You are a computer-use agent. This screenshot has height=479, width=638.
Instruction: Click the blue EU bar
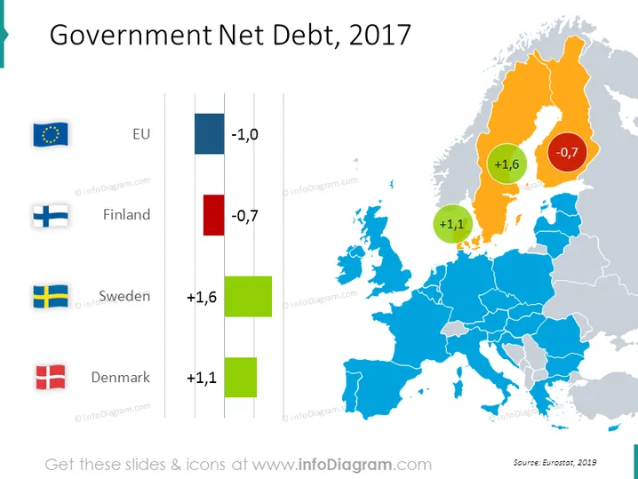point(209,133)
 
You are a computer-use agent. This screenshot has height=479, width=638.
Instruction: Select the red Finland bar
point(213,215)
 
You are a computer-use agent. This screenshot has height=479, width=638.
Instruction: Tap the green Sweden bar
point(248,296)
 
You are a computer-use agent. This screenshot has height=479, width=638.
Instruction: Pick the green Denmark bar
point(241,378)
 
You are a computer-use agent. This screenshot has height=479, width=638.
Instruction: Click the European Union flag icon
point(51,134)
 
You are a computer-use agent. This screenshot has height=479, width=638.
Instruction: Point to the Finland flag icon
point(51,215)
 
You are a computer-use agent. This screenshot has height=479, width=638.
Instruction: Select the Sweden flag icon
point(51,296)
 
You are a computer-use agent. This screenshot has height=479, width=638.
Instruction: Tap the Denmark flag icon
point(51,378)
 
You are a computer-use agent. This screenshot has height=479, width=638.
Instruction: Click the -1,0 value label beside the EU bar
point(244,134)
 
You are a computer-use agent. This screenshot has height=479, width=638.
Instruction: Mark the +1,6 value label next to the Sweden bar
point(202,298)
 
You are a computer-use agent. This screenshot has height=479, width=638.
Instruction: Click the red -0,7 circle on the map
point(567,152)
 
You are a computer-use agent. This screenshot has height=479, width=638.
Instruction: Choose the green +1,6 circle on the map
point(507,164)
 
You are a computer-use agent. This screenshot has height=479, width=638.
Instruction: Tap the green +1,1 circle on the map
point(452,224)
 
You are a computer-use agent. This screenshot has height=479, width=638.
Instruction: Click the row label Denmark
point(121,378)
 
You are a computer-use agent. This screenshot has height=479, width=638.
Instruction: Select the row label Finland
point(126,214)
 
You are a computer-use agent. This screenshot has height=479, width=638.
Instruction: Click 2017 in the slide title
point(379,35)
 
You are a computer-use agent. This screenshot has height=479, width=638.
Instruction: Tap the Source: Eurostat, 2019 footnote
point(555,462)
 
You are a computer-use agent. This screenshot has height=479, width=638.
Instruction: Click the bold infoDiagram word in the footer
point(345,465)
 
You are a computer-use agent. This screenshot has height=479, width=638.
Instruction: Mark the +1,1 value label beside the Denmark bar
point(202,378)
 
